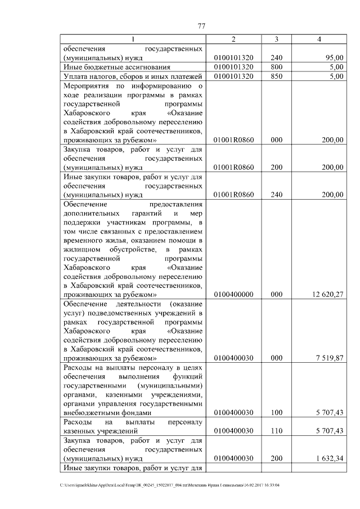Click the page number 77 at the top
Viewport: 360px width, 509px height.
point(202,25)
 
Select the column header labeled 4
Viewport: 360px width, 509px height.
point(319,39)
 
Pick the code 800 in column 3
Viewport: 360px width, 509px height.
point(276,67)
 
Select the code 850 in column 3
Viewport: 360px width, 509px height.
point(276,76)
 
